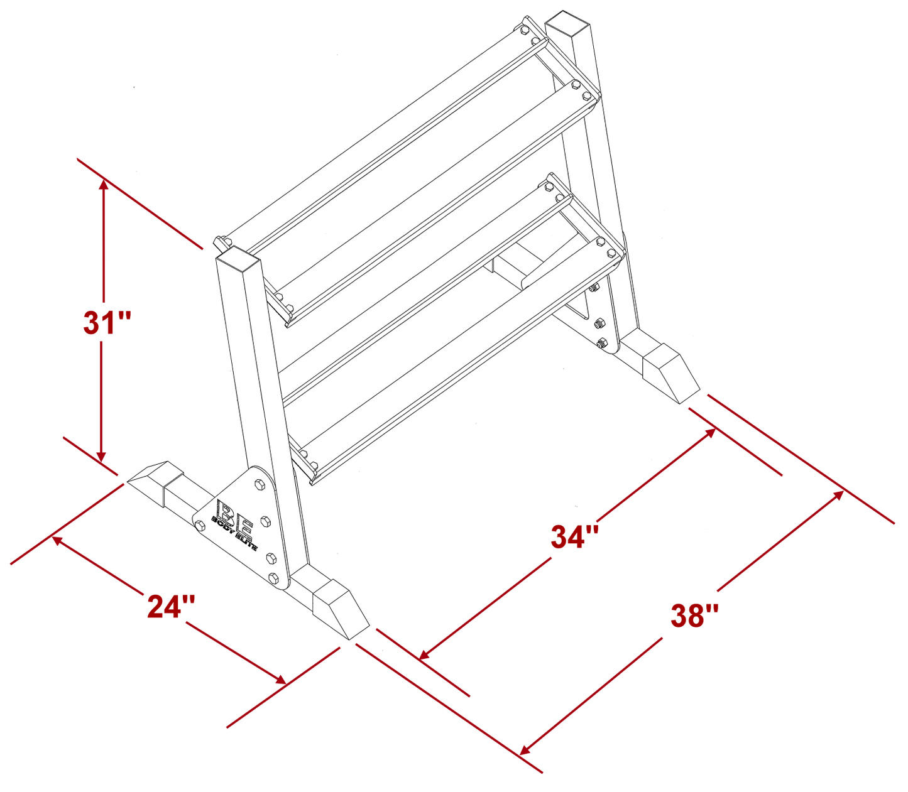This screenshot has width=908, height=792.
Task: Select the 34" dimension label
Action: (x=575, y=537)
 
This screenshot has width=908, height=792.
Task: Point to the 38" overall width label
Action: (x=694, y=615)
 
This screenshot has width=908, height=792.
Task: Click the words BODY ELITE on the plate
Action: (x=234, y=533)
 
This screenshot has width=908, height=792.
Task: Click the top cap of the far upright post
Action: (x=569, y=23)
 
